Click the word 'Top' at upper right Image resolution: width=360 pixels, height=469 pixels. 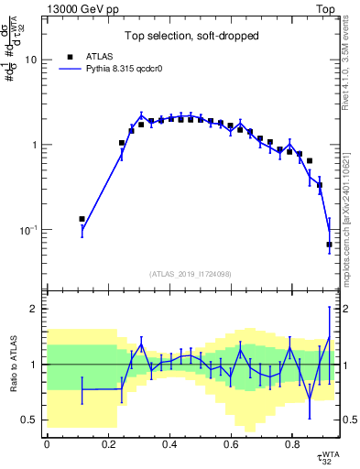point(327,8)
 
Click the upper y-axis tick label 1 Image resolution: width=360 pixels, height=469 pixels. point(34,145)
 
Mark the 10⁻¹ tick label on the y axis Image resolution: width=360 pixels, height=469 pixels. point(28,230)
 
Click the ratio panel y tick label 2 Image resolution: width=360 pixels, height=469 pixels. point(35,309)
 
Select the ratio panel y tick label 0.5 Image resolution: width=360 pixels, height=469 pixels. point(30,420)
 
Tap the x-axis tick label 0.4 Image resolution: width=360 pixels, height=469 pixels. point(169,445)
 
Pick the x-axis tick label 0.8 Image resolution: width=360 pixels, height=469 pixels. point(291,445)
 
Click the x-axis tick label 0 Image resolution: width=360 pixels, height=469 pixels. point(46,445)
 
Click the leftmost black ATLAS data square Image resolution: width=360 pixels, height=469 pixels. point(82,219)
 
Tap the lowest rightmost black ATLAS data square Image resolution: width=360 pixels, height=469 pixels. point(329,245)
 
